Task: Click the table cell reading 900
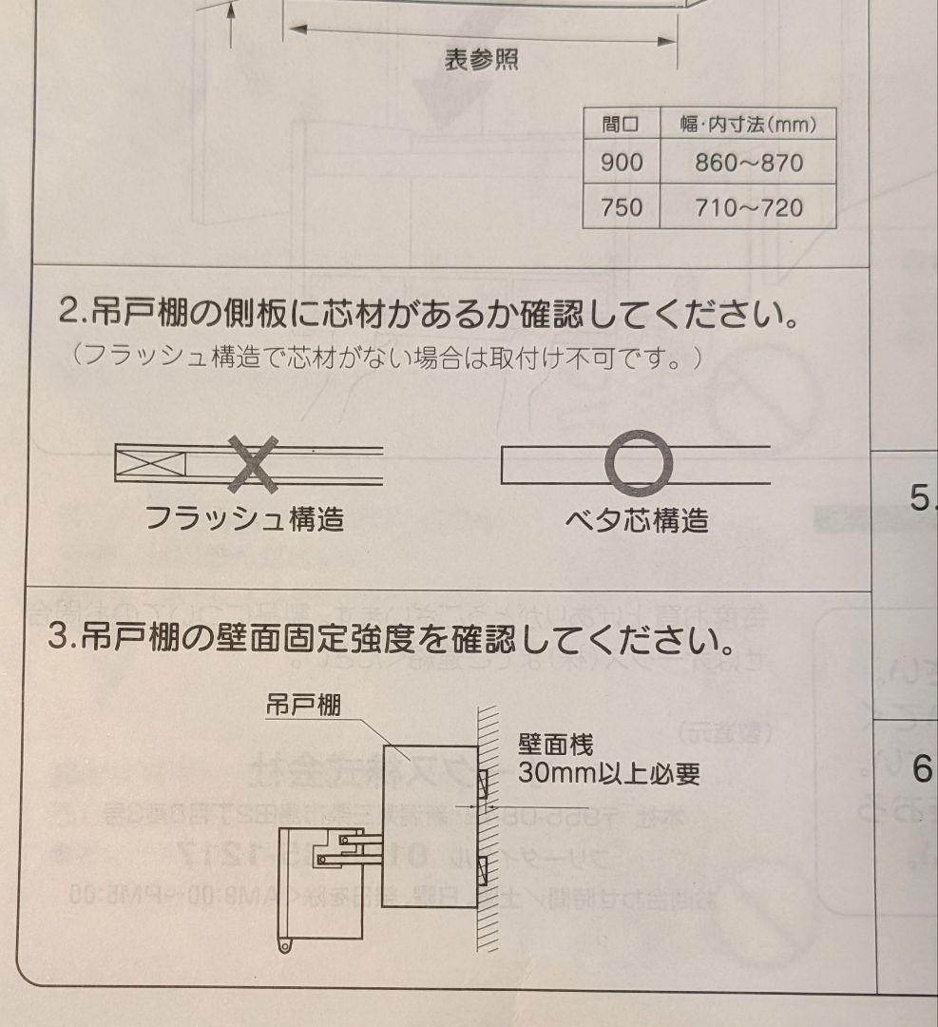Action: [x=622, y=163]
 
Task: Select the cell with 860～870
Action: [x=748, y=163]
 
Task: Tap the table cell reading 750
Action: [x=622, y=206]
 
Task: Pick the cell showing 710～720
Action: [x=748, y=206]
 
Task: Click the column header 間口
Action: [x=622, y=124]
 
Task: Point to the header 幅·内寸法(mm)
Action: [x=748, y=124]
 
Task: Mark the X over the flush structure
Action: [x=253, y=464]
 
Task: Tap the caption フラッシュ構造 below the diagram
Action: [x=244, y=519]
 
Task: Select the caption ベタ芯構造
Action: [x=637, y=520]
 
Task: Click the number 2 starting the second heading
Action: [x=67, y=311]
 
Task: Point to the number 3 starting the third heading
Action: [x=56, y=639]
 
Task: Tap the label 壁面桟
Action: [x=555, y=744]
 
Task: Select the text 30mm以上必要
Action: [x=609, y=774]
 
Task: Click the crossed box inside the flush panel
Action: [x=150, y=464]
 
